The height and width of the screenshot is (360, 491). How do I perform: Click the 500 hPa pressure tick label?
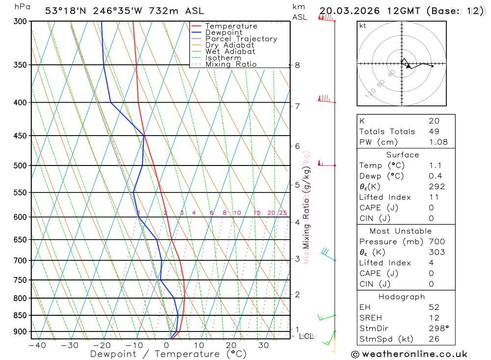pyautogui.click(x=21, y=166)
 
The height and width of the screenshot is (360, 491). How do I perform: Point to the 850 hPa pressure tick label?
pyautogui.click(x=21, y=315)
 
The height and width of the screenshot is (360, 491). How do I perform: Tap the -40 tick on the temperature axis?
pyautogui.click(x=37, y=345)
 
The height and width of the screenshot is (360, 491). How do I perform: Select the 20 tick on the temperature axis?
pyautogui.click(x=231, y=345)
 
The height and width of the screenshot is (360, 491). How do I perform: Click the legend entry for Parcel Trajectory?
pyautogui.click(x=241, y=39)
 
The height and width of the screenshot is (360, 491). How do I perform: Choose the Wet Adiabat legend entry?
pyautogui.click(x=230, y=52)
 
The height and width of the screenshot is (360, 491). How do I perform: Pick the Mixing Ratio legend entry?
pyautogui.click(x=231, y=64)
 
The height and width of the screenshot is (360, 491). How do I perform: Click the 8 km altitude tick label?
pyautogui.click(x=297, y=65)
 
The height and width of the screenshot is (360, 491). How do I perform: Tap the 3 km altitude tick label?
pyautogui.click(x=297, y=259)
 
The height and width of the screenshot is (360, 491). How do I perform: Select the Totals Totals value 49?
pyautogui.click(x=434, y=132)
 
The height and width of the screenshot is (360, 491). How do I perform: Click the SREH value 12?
pyautogui.click(x=434, y=318)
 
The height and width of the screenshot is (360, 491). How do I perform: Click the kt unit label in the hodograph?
pyautogui.click(x=363, y=26)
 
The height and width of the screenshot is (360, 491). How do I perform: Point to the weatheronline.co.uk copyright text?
pyautogui.click(x=409, y=354)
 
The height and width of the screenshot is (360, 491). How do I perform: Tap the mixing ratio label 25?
pyautogui.click(x=283, y=213)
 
